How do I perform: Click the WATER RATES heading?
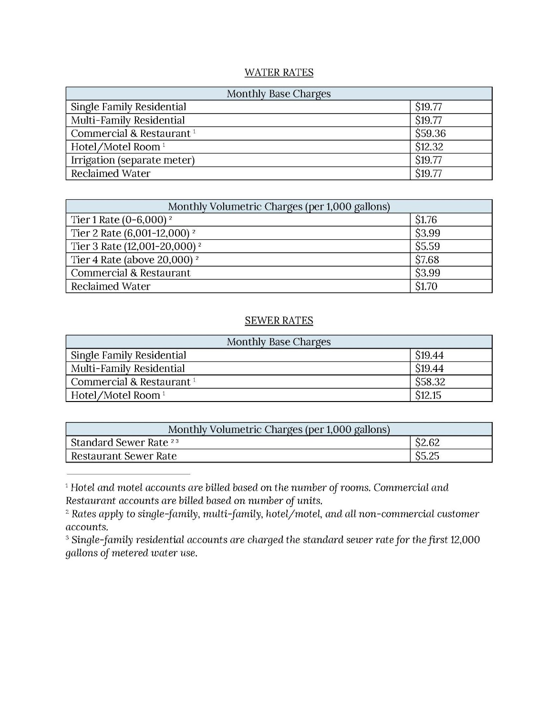pyautogui.click(x=279, y=72)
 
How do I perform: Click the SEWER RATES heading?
pyautogui.click(x=279, y=320)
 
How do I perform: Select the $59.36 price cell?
pyautogui.click(x=430, y=134)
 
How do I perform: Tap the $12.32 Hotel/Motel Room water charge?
pyautogui.click(x=429, y=147)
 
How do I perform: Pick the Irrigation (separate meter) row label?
pyautogui.click(x=133, y=160)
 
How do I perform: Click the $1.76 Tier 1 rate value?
pyautogui.click(x=426, y=220)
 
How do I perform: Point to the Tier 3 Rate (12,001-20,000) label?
pyautogui.click(x=133, y=247)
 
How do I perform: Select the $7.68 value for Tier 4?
pyautogui.click(x=427, y=260)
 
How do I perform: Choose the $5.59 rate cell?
pyautogui.click(x=427, y=247)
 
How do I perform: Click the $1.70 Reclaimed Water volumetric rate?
pyautogui.click(x=426, y=287)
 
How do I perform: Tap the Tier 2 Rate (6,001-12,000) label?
pyautogui.click(x=130, y=233)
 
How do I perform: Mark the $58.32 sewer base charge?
pyautogui.click(x=430, y=382)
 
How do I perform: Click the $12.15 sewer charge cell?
pyautogui.click(x=428, y=395)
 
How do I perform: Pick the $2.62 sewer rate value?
pyautogui.click(x=427, y=443)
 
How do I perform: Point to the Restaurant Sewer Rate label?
pyautogui.click(x=124, y=456)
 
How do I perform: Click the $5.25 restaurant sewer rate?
pyautogui.click(x=427, y=456)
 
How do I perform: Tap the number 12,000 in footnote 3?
pyautogui.click(x=465, y=540)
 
